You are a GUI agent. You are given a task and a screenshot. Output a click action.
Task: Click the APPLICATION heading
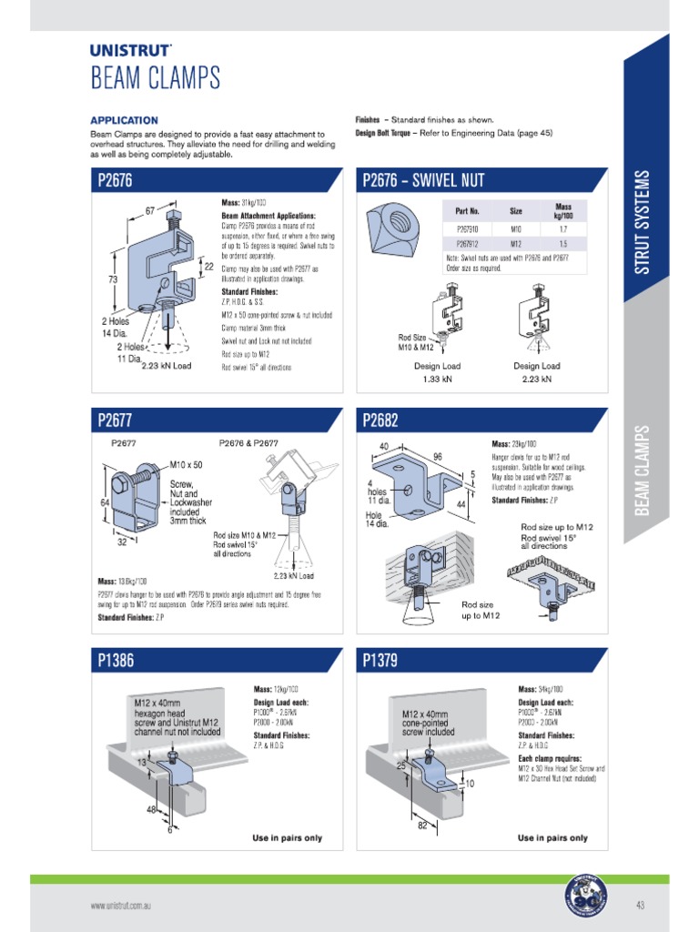click(x=124, y=120)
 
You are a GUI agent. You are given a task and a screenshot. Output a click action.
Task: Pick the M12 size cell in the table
click(x=515, y=244)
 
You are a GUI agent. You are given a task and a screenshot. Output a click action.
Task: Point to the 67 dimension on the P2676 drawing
click(x=151, y=210)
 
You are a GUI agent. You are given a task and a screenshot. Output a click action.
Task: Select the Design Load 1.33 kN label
click(x=438, y=372)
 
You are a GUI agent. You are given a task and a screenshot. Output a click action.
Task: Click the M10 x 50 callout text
click(x=186, y=464)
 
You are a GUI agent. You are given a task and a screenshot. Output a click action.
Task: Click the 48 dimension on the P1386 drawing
click(x=149, y=808)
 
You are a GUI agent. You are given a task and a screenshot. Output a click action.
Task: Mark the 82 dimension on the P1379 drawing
click(x=422, y=825)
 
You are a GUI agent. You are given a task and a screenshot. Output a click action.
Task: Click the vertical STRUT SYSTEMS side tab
click(x=643, y=221)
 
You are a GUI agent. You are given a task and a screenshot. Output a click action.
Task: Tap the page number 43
click(x=640, y=905)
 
